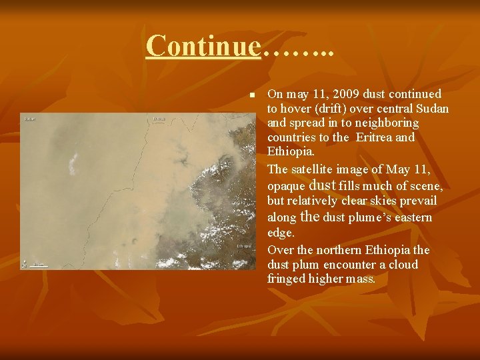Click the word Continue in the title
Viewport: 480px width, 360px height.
(x=203, y=45)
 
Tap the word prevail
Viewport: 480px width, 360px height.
(x=419, y=201)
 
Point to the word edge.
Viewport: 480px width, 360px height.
(x=280, y=233)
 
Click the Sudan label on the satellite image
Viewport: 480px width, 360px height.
(x=29, y=119)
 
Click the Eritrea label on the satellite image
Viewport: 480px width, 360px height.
(x=159, y=119)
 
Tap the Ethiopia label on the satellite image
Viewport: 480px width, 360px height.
(x=243, y=246)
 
